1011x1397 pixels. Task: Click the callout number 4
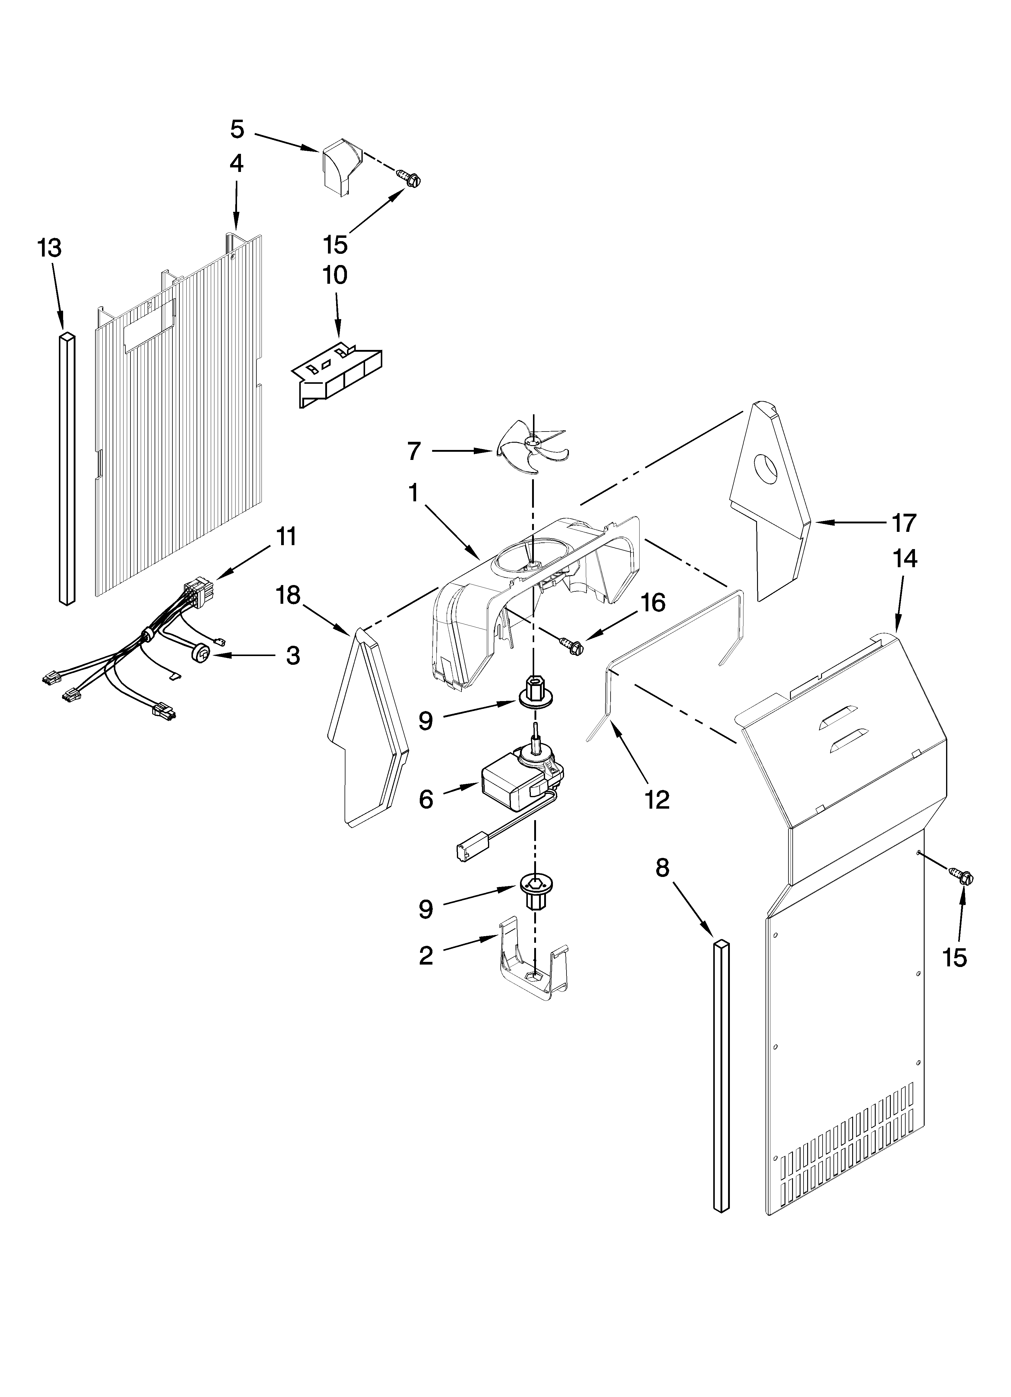click(236, 163)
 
